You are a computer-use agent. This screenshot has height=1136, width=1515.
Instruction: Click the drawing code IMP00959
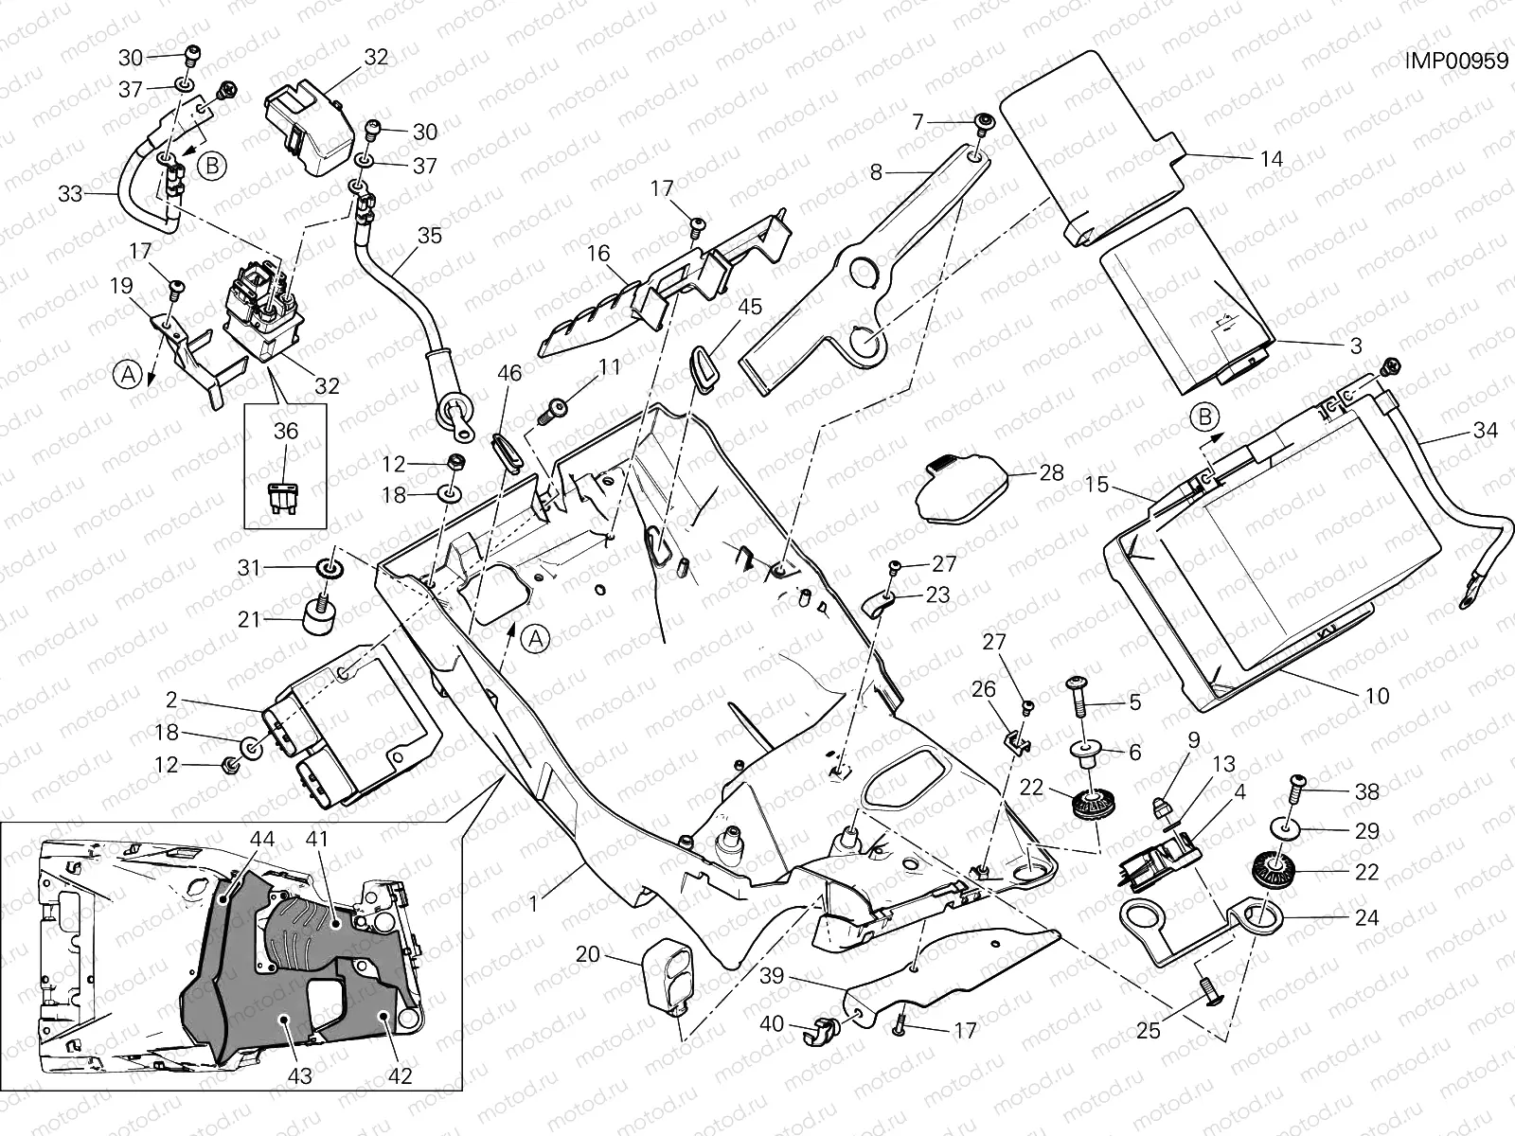point(1456,62)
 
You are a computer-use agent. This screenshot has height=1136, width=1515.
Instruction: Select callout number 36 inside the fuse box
point(286,431)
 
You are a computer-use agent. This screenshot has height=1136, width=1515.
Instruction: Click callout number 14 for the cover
point(1273,159)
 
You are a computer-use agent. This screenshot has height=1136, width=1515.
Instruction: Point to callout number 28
point(1051,472)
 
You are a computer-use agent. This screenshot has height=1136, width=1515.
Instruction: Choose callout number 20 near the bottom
point(588,954)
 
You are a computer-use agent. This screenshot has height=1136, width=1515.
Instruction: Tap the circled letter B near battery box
point(1204,417)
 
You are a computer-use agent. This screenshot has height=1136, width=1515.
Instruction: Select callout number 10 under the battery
point(1378,696)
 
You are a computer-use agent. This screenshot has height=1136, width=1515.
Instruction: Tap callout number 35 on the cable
point(429,235)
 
